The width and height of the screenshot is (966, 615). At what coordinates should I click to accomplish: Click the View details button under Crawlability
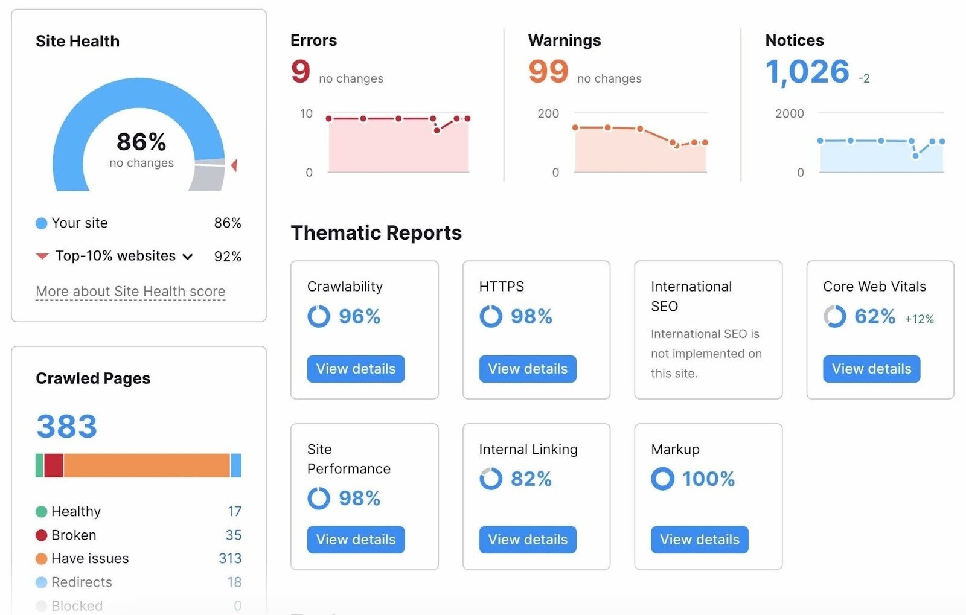(356, 369)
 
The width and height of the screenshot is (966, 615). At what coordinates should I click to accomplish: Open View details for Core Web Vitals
(871, 369)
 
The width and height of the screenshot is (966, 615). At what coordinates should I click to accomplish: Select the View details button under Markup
(699, 540)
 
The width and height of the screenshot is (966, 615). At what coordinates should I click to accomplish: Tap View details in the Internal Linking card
(528, 540)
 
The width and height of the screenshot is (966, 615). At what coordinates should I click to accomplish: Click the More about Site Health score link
(130, 292)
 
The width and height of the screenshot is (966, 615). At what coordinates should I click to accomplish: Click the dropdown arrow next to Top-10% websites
(188, 257)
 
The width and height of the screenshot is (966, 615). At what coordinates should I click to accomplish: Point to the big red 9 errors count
(301, 71)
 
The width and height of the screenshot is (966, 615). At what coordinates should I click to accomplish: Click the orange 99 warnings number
(548, 71)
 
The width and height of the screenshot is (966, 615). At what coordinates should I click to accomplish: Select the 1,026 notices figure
(807, 72)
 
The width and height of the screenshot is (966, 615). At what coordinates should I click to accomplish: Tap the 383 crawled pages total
(66, 426)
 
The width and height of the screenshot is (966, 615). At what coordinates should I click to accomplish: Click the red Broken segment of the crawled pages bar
(54, 465)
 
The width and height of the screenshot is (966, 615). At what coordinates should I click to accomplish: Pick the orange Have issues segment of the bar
(146, 465)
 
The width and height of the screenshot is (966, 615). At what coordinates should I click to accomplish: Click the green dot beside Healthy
(41, 512)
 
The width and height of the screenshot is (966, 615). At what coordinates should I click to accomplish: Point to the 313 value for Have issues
(230, 558)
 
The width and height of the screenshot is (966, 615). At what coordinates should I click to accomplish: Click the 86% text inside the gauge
(141, 142)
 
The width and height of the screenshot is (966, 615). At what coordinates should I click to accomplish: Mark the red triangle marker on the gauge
(234, 165)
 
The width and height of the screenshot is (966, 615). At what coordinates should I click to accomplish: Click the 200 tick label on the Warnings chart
(548, 113)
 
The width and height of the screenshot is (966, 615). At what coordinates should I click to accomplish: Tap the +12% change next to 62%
(919, 319)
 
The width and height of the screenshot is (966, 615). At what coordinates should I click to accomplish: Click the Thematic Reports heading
(376, 233)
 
